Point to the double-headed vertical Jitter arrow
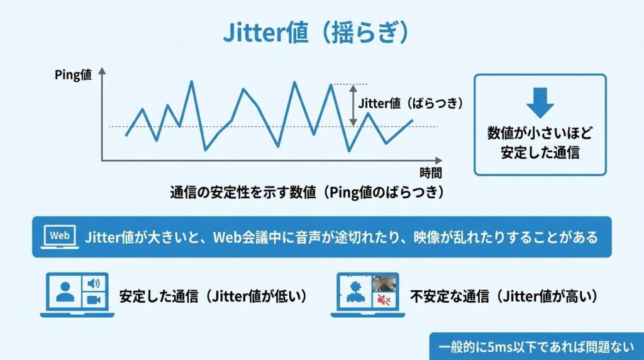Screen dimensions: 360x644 click(x=353, y=104)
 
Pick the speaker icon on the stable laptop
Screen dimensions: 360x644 click(x=94, y=283)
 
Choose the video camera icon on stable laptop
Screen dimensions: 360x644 click(x=94, y=300)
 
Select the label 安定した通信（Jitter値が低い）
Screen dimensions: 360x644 click(x=215, y=295)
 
